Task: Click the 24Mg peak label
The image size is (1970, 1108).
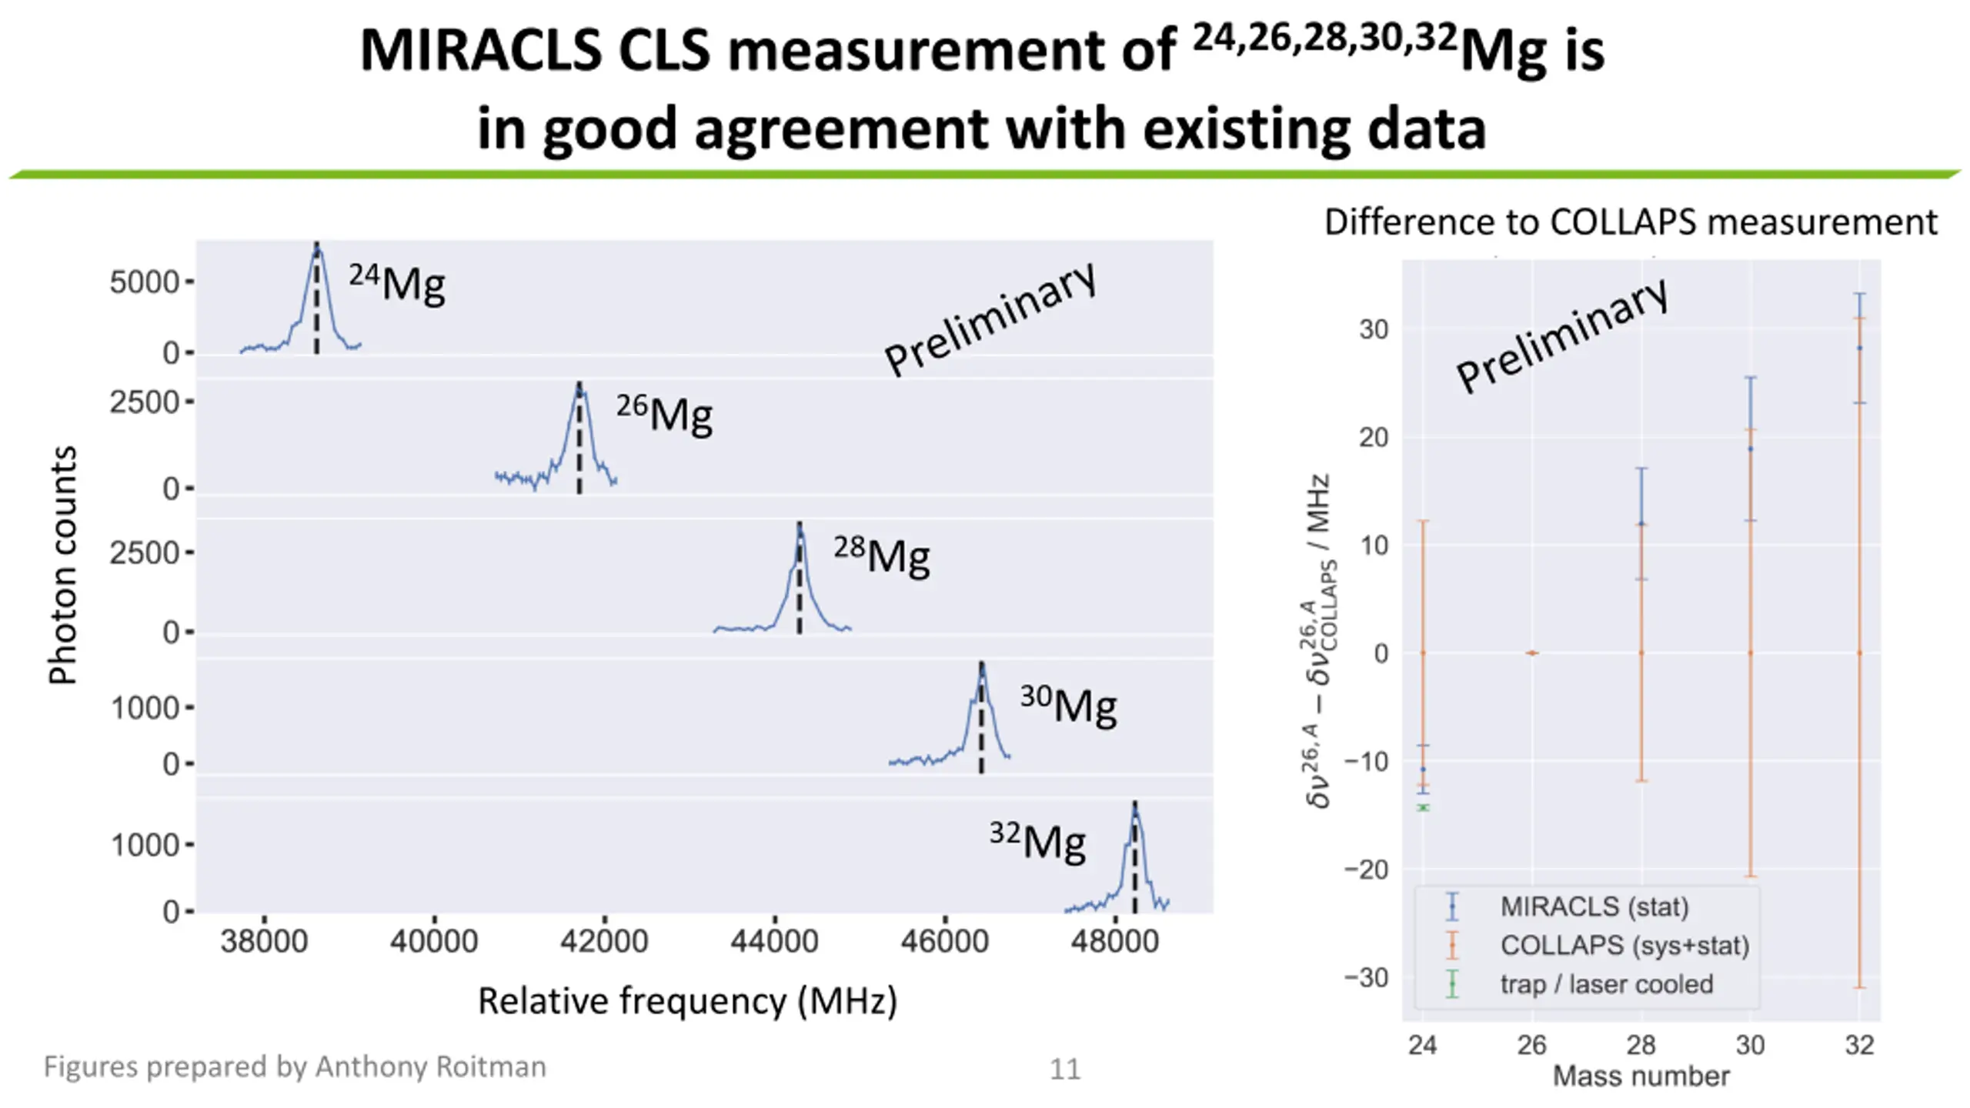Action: tap(397, 283)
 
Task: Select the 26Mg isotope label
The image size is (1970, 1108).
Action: tap(664, 413)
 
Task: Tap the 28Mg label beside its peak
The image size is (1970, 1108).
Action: tap(882, 555)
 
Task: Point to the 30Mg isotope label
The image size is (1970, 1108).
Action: tap(1069, 704)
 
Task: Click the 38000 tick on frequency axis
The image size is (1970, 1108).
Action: tap(264, 942)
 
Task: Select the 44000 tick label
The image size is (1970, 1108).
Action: tap(774, 942)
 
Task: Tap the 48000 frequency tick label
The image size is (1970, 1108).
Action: tap(1114, 942)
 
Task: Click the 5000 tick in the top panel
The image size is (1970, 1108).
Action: tap(145, 282)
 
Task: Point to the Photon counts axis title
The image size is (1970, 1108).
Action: tap(63, 566)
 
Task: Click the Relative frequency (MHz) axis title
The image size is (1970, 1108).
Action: tap(687, 1001)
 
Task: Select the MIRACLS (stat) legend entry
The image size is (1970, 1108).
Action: tap(1594, 906)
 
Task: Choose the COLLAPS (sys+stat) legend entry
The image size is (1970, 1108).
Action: tap(1624, 945)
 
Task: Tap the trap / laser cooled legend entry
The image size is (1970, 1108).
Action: tap(1606, 984)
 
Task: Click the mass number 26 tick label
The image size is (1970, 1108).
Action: tap(1531, 1045)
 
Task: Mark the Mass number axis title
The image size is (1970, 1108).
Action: tap(1641, 1076)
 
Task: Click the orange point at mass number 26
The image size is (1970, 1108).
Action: tap(1532, 653)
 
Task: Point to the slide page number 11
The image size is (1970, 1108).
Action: tap(1065, 1069)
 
